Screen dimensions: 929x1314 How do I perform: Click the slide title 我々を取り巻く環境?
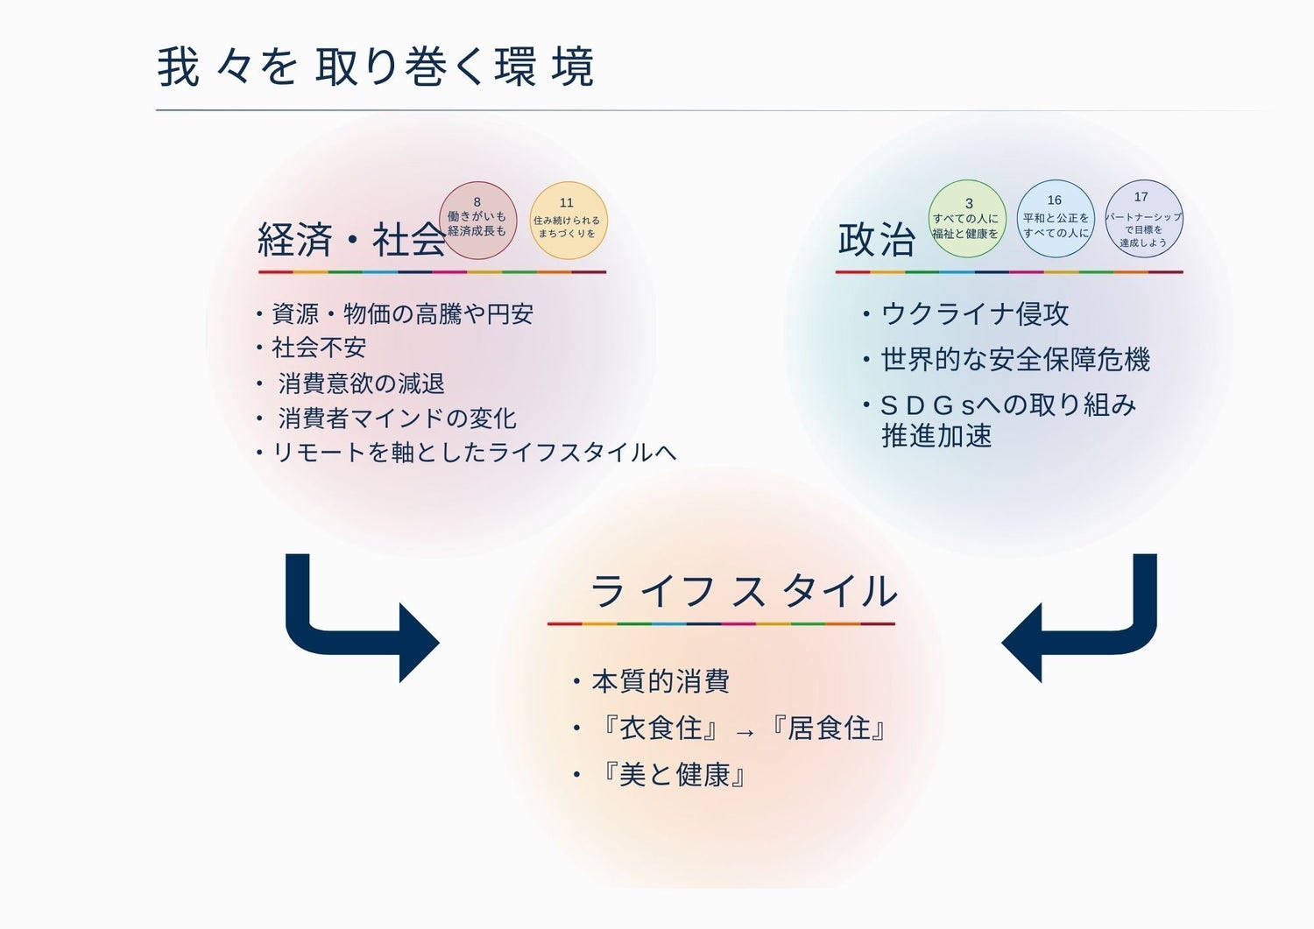pos(376,67)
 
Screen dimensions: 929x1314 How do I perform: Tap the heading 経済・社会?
pos(350,239)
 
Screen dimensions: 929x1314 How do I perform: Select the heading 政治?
pos(877,239)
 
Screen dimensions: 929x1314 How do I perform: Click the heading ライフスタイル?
pos(744,592)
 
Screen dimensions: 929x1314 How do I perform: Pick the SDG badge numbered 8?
pos(477,220)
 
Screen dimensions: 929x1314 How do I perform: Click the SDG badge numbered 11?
pos(568,220)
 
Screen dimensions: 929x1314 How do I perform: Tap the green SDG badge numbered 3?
pos(966,220)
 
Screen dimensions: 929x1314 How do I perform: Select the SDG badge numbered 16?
pos(1056,219)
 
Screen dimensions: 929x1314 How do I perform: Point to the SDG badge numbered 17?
pos(1143,219)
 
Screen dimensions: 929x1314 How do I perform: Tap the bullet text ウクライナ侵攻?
pos(974,313)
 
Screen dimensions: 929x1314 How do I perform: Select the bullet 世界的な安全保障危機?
pos(1014,359)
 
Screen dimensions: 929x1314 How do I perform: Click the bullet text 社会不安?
pos(319,348)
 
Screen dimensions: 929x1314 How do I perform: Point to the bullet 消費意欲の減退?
pos(361,384)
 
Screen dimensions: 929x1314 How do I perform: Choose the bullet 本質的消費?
pos(661,681)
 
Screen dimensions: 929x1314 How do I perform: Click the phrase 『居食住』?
pos(829,728)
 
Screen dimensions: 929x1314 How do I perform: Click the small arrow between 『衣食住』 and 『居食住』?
pos(745,733)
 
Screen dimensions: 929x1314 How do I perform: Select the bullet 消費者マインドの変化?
pos(397,419)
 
